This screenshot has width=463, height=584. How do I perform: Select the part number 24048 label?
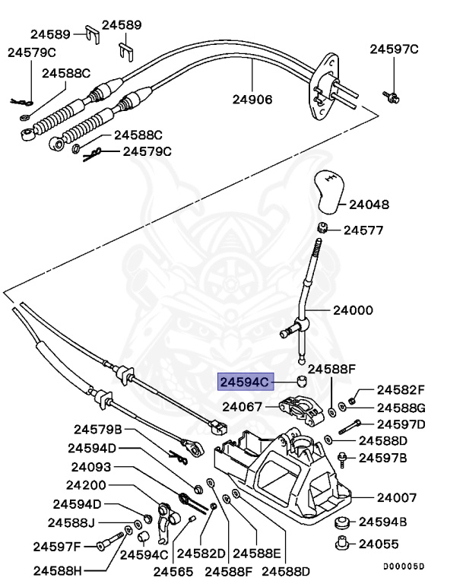(369, 205)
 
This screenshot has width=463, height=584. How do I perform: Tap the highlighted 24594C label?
(245, 382)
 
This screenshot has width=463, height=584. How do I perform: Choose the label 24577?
(363, 230)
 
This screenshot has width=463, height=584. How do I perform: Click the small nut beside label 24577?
(322, 228)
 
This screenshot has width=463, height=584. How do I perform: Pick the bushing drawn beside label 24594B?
(342, 522)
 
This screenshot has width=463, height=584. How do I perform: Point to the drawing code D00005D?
(403, 567)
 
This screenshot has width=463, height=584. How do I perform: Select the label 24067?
(243, 408)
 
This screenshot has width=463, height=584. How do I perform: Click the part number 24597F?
(57, 545)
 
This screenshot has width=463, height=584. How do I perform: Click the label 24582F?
(401, 389)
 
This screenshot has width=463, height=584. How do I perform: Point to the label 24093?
(92, 467)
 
